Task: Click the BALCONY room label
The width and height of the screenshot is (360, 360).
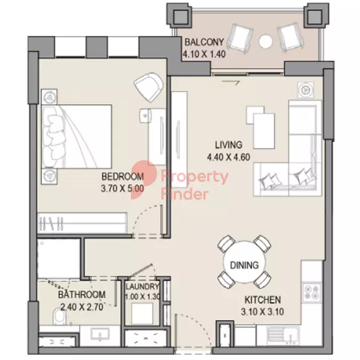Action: pos(204,42)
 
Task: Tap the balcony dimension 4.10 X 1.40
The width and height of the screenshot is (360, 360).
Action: pos(204,54)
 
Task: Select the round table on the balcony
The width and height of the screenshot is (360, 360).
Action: pos(266,42)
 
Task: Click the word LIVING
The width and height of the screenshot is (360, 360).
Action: pos(228,145)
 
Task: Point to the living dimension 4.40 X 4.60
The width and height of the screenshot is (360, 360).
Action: pos(228,157)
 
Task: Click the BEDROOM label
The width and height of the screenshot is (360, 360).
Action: pos(123,176)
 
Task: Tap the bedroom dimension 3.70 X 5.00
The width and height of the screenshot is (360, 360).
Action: pos(123,189)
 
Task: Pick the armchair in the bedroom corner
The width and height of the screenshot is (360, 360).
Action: pos(149,87)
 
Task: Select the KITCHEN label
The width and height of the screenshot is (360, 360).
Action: pos(263,300)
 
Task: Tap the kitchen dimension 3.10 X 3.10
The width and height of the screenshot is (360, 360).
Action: pos(263,312)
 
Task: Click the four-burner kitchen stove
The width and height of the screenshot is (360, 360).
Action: pos(312,292)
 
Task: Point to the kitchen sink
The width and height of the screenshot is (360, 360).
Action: pos(283,335)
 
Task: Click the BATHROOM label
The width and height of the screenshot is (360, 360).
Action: pos(82,295)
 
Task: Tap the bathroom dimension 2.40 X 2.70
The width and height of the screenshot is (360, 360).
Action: pos(82,307)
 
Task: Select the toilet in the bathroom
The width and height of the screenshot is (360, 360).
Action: pos(59,317)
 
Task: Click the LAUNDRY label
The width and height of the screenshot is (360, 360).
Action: pos(142,287)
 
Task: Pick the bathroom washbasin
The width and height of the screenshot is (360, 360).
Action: pos(101,335)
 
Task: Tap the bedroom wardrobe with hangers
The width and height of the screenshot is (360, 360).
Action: pos(82,222)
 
